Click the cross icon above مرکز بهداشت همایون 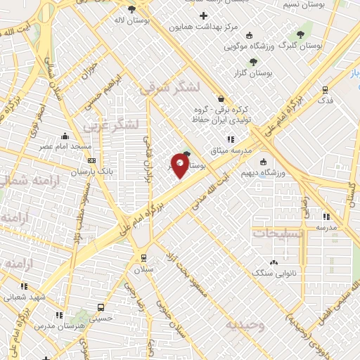(x=203, y=15)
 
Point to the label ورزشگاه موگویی (x=248, y=46)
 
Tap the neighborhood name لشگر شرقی (x=169, y=88)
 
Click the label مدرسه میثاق (x=230, y=150)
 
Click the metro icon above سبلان (x=143, y=257)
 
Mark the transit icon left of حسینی (x=101, y=307)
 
